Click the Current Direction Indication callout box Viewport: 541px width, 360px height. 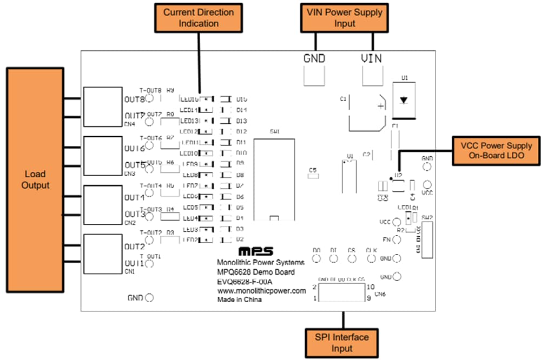pos(199,18)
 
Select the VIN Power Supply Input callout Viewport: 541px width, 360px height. pos(345,18)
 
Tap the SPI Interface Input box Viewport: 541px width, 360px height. pos(343,343)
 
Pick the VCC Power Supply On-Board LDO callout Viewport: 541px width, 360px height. pos(496,151)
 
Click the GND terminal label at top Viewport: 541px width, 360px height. pos(314,59)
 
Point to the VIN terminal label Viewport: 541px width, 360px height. pos(372,59)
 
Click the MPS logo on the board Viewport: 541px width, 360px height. pos(256,252)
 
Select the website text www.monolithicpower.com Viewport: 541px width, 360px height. pos(261,291)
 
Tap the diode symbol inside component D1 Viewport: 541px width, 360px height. pos(404,100)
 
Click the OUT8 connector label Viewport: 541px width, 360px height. pos(134,100)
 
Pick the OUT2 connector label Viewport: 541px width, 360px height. pos(134,246)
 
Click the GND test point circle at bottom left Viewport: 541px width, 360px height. pos(149,298)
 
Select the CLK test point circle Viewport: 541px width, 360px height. pos(371,258)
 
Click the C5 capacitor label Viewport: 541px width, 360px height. pos(312,170)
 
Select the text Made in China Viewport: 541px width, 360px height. pos(240,300)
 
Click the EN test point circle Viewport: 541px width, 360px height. pos(397,239)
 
